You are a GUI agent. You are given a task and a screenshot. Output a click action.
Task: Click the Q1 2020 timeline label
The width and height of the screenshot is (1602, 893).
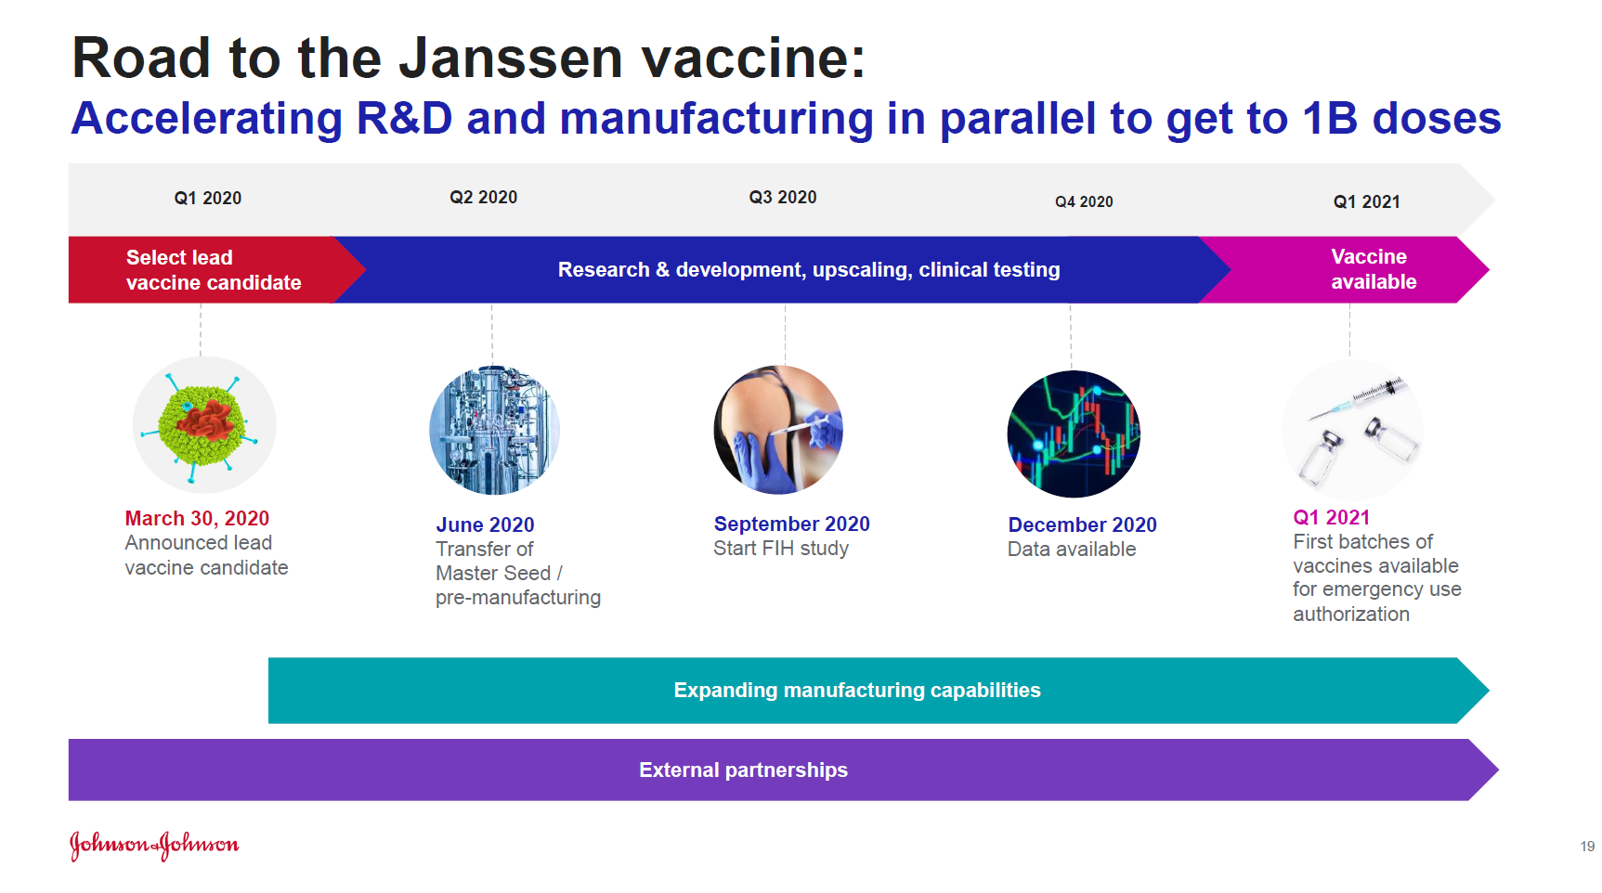207,199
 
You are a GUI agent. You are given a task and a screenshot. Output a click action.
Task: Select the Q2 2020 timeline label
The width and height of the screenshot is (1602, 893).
483,198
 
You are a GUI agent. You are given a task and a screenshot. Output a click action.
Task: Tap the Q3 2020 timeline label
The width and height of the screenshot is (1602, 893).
783,198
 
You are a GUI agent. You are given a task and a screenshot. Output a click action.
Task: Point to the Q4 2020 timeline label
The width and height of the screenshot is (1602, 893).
1084,201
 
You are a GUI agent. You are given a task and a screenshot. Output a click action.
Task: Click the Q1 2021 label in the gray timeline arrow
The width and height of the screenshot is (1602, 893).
1366,202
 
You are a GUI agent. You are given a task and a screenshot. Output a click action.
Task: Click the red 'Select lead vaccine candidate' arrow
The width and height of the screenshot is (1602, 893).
214,270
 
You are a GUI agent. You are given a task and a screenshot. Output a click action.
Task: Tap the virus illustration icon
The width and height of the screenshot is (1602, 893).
203,425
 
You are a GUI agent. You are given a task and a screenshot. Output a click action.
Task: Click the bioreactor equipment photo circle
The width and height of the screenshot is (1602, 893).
494,430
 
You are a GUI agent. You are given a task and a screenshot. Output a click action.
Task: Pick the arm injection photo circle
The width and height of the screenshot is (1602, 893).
778,430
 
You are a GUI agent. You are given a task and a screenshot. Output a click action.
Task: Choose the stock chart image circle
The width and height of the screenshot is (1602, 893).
1074,434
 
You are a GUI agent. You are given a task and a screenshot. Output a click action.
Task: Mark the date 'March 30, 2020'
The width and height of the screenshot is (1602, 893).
197,519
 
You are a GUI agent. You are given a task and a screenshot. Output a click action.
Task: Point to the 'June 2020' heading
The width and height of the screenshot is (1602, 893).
485,525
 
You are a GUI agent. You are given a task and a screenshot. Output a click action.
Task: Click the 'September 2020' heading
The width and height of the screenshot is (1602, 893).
791,524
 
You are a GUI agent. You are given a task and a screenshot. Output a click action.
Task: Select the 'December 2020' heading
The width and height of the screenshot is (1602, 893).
1082,525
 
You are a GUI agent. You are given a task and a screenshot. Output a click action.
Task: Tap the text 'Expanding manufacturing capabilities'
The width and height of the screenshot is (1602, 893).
857,691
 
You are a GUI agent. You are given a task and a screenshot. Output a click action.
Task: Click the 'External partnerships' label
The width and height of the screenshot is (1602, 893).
743,770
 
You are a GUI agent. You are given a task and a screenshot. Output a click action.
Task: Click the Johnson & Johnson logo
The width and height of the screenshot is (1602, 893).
154,845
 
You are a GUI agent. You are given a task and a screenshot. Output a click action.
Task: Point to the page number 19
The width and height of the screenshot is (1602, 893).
1587,847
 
